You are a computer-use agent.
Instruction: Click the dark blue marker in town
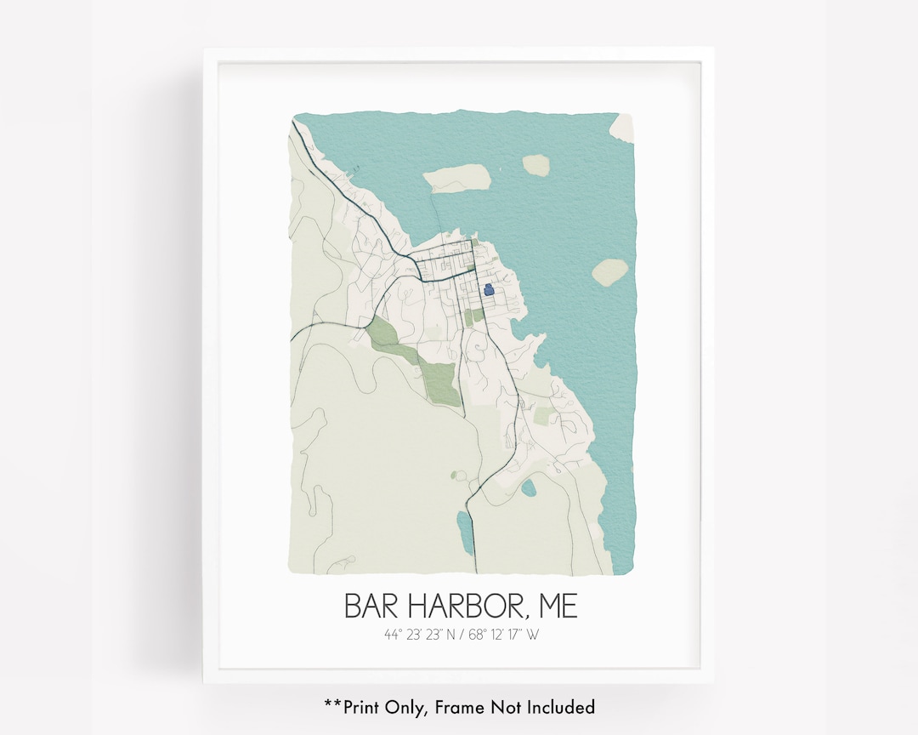[x=488, y=290]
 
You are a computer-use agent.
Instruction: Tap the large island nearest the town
[x=458, y=178]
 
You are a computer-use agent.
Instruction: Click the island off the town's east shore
[x=609, y=272]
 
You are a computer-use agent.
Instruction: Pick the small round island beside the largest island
[x=536, y=164]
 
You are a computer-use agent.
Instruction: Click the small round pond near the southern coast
[x=529, y=488]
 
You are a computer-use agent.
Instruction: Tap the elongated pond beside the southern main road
[x=465, y=533]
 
